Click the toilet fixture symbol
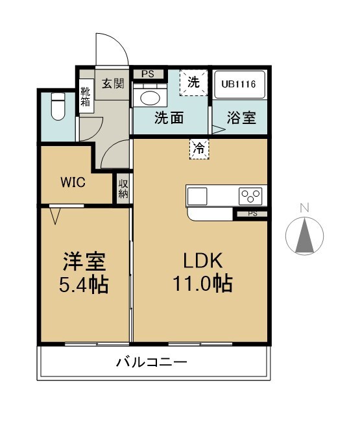(x=58, y=106)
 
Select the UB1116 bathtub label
(x=238, y=84)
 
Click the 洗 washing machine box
(x=194, y=82)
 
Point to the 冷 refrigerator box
(x=199, y=149)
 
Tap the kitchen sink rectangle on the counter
(x=197, y=196)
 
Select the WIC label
(x=73, y=182)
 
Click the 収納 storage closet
(x=123, y=188)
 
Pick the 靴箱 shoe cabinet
(x=86, y=97)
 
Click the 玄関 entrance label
(x=113, y=84)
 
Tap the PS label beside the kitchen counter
(x=253, y=214)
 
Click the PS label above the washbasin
(x=148, y=74)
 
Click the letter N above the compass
(x=305, y=208)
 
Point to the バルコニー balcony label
(x=152, y=362)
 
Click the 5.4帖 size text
(x=84, y=285)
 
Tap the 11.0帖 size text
(x=203, y=283)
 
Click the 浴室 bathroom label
(x=241, y=118)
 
